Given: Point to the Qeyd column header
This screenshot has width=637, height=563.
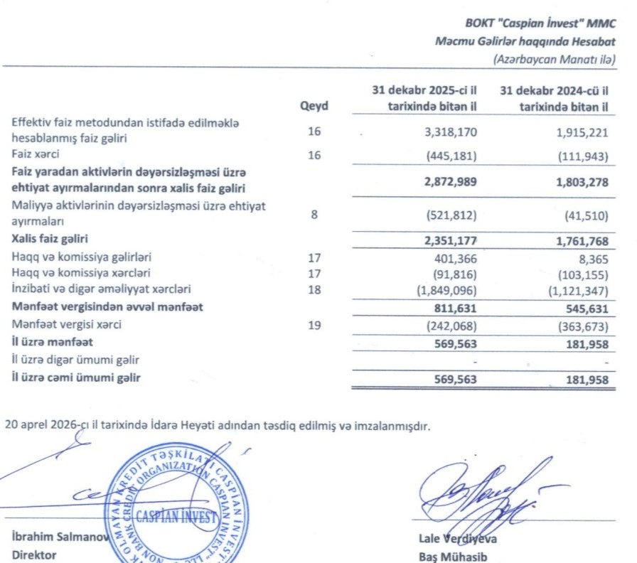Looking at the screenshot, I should coord(314,107).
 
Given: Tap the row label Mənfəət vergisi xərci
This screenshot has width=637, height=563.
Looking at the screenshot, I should coord(70,326).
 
